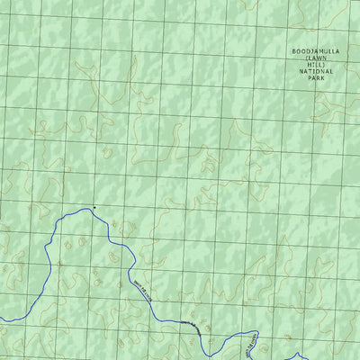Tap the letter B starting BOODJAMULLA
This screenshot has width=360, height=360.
[293, 51]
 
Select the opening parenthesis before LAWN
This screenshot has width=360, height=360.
[306, 60]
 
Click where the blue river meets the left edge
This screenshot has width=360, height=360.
[2, 318]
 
